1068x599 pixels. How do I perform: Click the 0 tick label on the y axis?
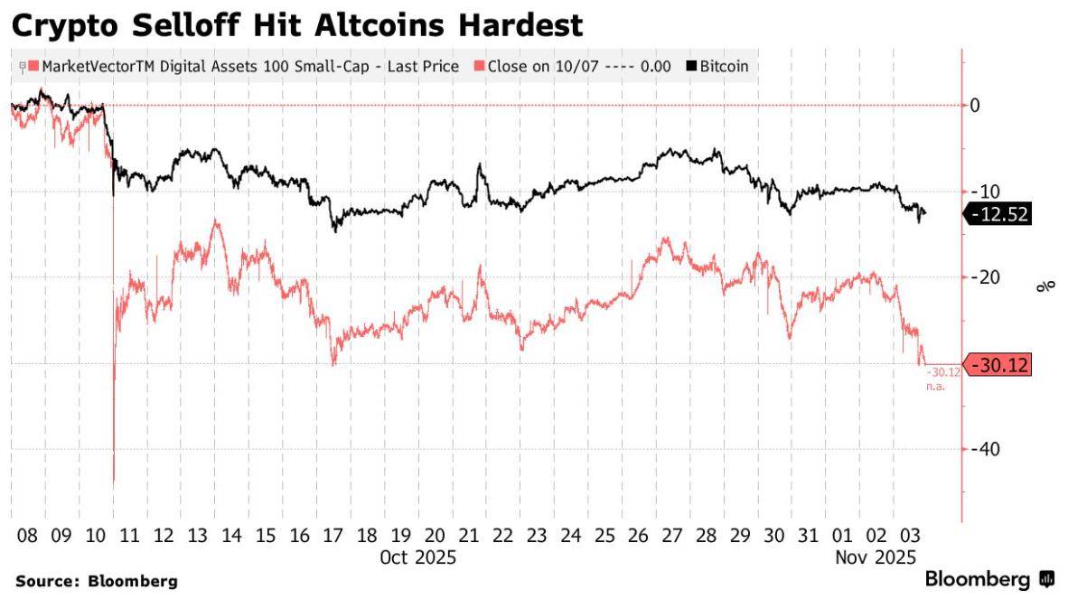coord(977,106)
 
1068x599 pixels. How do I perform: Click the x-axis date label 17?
coord(333,535)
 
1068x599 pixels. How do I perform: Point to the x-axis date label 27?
coord(671,535)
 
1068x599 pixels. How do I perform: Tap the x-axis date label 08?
coord(27,535)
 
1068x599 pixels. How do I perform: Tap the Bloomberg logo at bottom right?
coord(989,579)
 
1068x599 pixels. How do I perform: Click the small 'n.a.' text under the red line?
coord(934,387)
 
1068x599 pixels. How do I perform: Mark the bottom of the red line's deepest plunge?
coord(114,486)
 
